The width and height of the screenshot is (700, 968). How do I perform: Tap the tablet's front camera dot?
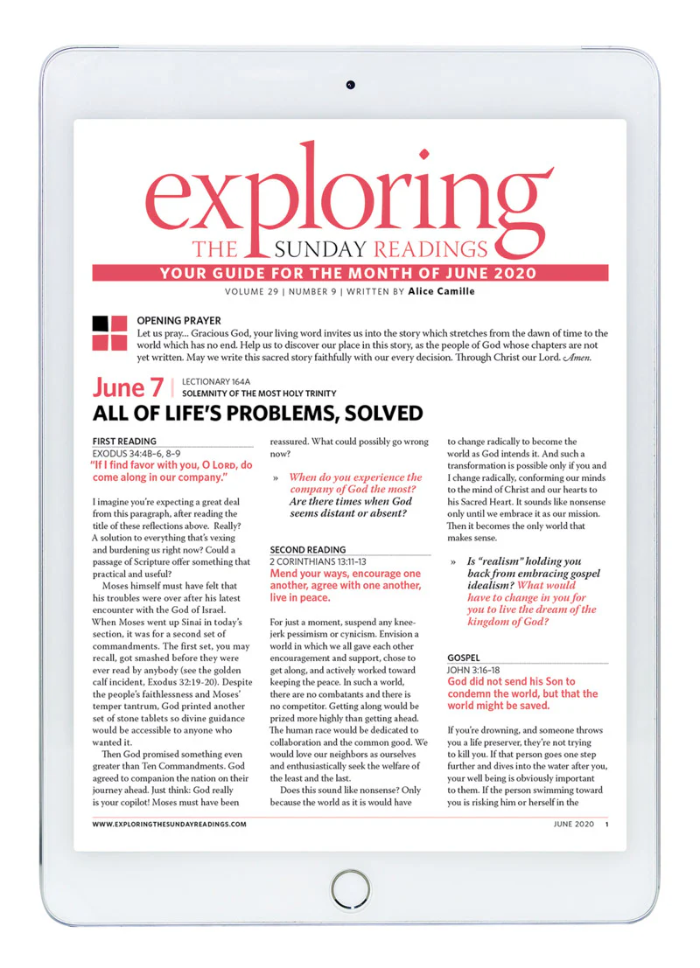click(349, 85)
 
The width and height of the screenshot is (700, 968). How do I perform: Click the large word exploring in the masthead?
click(350, 192)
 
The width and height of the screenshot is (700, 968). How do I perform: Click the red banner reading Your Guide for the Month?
click(349, 273)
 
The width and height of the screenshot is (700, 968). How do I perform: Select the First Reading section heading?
click(124, 442)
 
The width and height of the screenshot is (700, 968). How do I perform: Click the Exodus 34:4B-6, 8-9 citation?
click(145, 454)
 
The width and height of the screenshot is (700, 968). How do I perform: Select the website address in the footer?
click(169, 825)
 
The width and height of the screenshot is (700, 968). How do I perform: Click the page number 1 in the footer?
click(606, 825)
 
